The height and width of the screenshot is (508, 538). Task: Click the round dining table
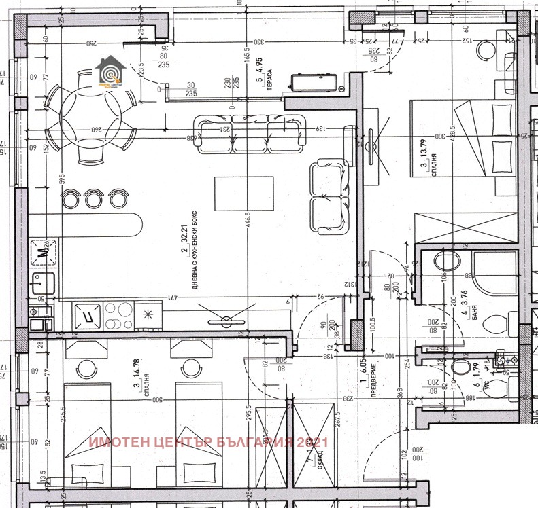point(89,115)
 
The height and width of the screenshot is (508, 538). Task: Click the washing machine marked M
point(42,251)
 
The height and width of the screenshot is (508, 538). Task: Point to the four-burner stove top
point(114,314)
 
